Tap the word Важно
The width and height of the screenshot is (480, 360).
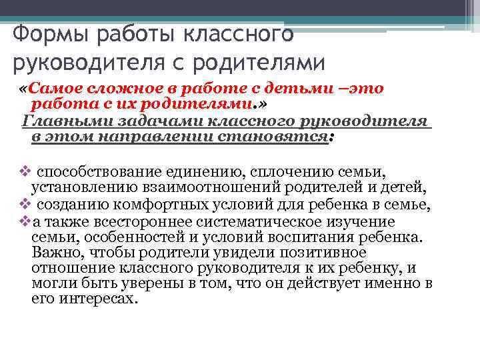point(53,253)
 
